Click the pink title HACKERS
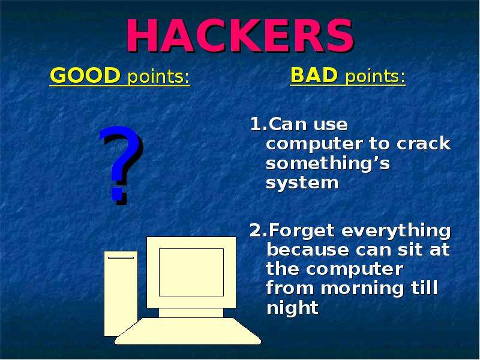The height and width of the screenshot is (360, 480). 241,35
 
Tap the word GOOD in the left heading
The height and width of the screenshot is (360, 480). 85,76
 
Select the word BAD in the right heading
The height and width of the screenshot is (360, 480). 314,74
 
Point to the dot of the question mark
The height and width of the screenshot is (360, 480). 118,198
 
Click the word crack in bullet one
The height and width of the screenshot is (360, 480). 424,143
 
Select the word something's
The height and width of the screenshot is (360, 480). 328,163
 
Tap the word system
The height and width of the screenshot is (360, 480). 302,184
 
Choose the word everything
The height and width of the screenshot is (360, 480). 396,231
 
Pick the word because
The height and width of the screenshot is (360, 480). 308,250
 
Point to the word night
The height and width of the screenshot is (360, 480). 293,307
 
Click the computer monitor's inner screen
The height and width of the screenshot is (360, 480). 191,272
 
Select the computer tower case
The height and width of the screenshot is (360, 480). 121,293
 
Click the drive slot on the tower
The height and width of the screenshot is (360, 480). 121,258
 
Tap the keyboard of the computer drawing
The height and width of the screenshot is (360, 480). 188,331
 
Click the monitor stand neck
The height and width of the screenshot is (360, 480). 191,313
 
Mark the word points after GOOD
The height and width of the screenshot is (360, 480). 158,77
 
